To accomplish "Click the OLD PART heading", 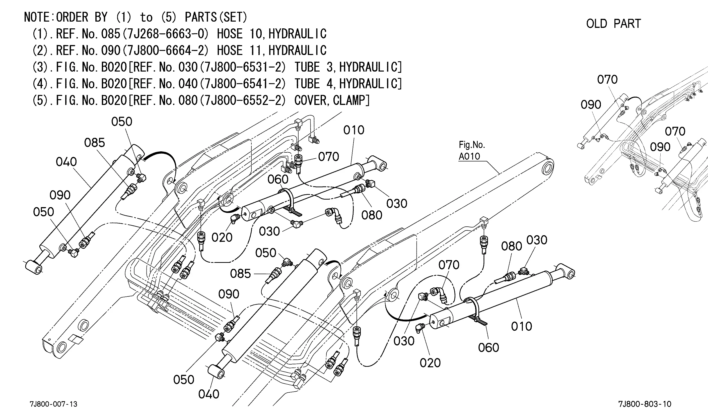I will pyautogui.click(x=613, y=24).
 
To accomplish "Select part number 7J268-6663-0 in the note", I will pyautogui.click(x=168, y=34).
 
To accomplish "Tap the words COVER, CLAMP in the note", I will pyautogui.click(x=332, y=100).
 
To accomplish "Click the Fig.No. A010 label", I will pyautogui.click(x=471, y=150).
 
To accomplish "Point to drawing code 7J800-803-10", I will pyautogui.click(x=645, y=404).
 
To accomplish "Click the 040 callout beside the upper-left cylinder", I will pyautogui.click(x=66, y=162).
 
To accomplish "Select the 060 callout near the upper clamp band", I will pyautogui.click(x=278, y=179).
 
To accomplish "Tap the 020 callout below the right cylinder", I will pyautogui.click(x=430, y=363).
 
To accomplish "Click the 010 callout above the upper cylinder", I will pyautogui.click(x=354, y=130).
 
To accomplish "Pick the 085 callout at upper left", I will pyautogui.click(x=95, y=143).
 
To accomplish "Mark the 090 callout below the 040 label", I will pyautogui.click(x=60, y=195).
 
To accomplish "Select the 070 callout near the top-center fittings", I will pyautogui.click(x=328, y=157).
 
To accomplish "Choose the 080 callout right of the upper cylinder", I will pyautogui.click(x=372, y=215).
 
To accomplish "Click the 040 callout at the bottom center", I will pyautogui.click(x=208, y=394).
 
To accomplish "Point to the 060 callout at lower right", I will pyautogui.click(x=488, y=347).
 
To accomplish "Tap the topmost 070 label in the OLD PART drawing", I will pyautogui.click(x=607, y=80).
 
